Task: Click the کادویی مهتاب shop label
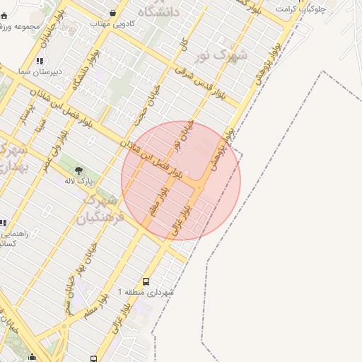[114, 23]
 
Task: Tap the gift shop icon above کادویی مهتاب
[114, 13]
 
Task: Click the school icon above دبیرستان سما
[40, 61]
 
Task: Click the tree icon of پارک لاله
[78, 170]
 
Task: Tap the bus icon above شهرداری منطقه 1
[146, 281]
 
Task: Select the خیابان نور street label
[188, 139]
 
